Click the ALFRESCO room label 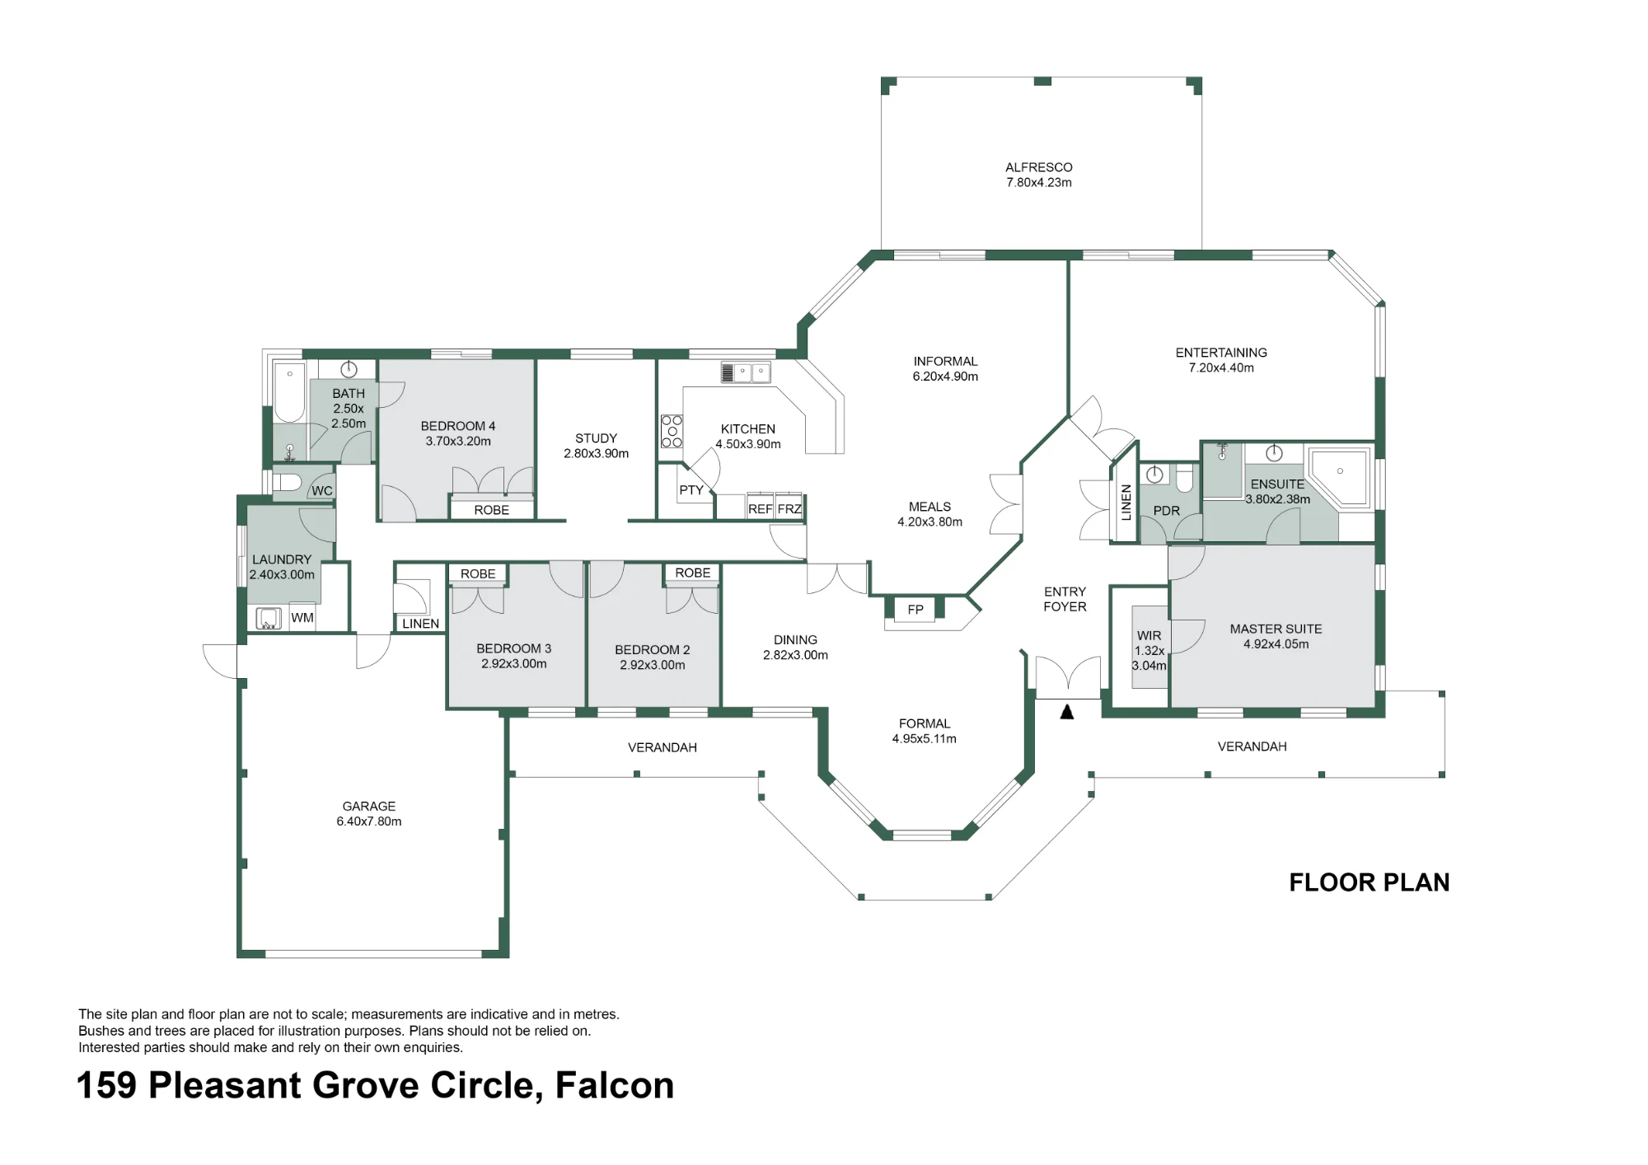point(1038,167)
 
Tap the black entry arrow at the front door point(1067,712)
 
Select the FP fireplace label point(915,610)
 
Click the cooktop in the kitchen point(672,431)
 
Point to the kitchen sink point(746,372)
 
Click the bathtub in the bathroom point(289,391)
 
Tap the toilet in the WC point(286,481)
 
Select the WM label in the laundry point(302,618)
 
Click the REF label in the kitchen point(760,509)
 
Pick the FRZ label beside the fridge point(789,509)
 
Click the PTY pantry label point(691,490)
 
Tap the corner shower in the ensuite point(1339,477)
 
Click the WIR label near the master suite point(1149,636)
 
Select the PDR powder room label point(1167,511)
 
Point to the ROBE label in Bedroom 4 point(492,510)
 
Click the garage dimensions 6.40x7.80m point(369,821)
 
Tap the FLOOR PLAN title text point(1369,882)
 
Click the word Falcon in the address point(615,1085)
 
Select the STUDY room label point(596,438)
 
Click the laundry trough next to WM point(269,618)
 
